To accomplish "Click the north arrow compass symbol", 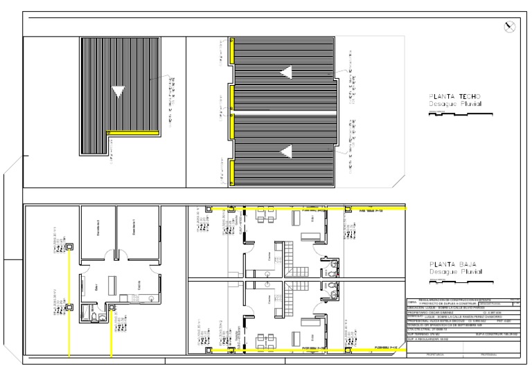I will (x=511, y=27).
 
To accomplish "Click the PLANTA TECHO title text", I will (x=454, y=97).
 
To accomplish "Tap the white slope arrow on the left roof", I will (x=120, y=89).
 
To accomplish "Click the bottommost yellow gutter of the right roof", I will (x=233, y=176).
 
